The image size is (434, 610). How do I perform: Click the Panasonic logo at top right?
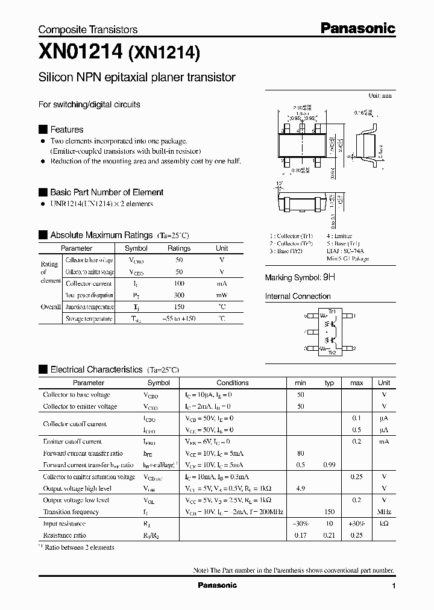pos(357,28)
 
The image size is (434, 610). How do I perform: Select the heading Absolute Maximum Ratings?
pos(101,235)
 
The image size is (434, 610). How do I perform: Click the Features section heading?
pos(66,130)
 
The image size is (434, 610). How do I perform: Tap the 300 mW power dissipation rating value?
pos(179,295)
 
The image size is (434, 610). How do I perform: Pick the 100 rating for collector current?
pos(179,283)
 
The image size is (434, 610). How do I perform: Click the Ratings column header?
pos(179,248)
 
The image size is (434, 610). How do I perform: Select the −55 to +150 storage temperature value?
pos(179,318)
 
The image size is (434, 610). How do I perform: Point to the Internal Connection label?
pos(298,297)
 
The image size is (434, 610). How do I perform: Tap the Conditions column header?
pos(232,383)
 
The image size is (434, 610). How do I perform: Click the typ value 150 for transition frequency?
pos(329,512)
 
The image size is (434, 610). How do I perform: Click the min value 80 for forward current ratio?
pos(300,453)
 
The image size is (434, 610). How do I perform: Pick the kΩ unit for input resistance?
pos(384,524)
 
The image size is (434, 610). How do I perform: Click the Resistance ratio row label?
pos(64,535)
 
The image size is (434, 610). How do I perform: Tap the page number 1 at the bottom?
pos(393,586)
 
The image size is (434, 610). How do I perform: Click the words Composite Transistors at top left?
pos(88,30)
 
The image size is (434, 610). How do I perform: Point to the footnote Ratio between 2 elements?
pos(78,547)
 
